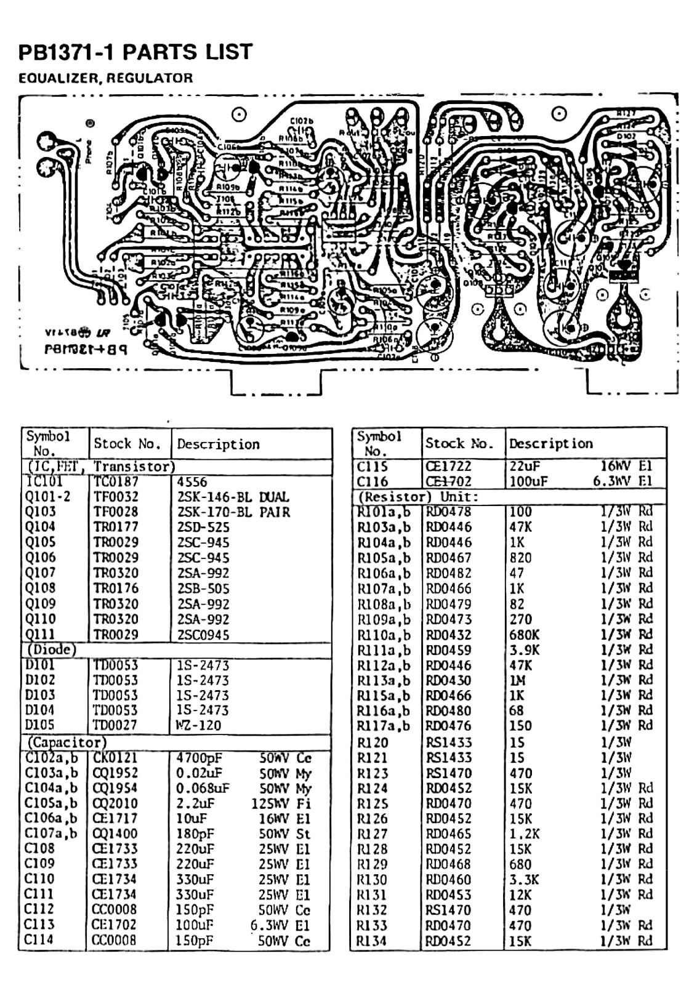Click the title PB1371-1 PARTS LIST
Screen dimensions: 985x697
point(135,52)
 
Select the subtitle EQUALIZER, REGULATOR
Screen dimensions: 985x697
point(105,78)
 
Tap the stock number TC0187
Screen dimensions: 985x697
point(116,482)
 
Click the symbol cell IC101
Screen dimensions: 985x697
point(44,481)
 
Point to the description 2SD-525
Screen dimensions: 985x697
point(203,527)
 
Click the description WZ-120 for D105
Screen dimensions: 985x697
point(198,725)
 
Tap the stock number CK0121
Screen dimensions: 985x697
point(115,758)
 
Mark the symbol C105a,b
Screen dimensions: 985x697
point(51,803)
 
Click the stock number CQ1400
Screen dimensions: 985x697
point(115,834)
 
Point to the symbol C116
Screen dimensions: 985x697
point(373,481)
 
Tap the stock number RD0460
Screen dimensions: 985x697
point(448,880)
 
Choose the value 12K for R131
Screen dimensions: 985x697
point(520,895)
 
